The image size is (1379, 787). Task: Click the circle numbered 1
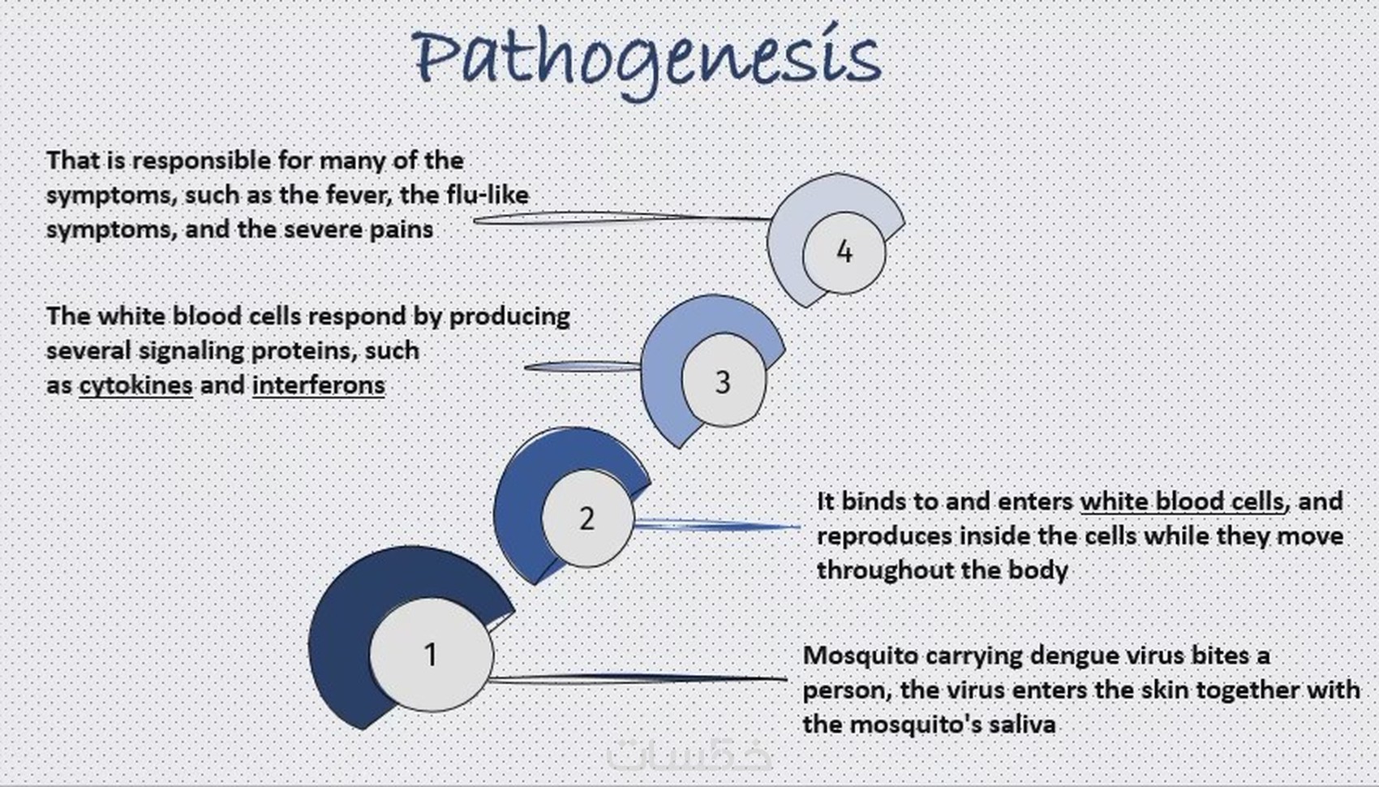431,655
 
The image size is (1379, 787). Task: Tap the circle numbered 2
587,518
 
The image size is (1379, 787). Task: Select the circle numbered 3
724,381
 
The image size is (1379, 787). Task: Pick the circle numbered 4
844,252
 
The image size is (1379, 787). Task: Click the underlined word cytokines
136,385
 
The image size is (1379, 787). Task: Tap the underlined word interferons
319,385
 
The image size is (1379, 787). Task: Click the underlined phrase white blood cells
1183,501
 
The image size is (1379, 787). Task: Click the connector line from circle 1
637,678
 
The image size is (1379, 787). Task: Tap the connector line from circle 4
622,217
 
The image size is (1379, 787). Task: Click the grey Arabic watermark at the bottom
689,755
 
